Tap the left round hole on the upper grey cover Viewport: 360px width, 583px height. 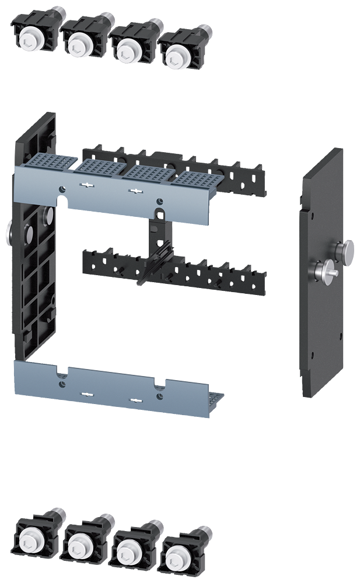62,188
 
